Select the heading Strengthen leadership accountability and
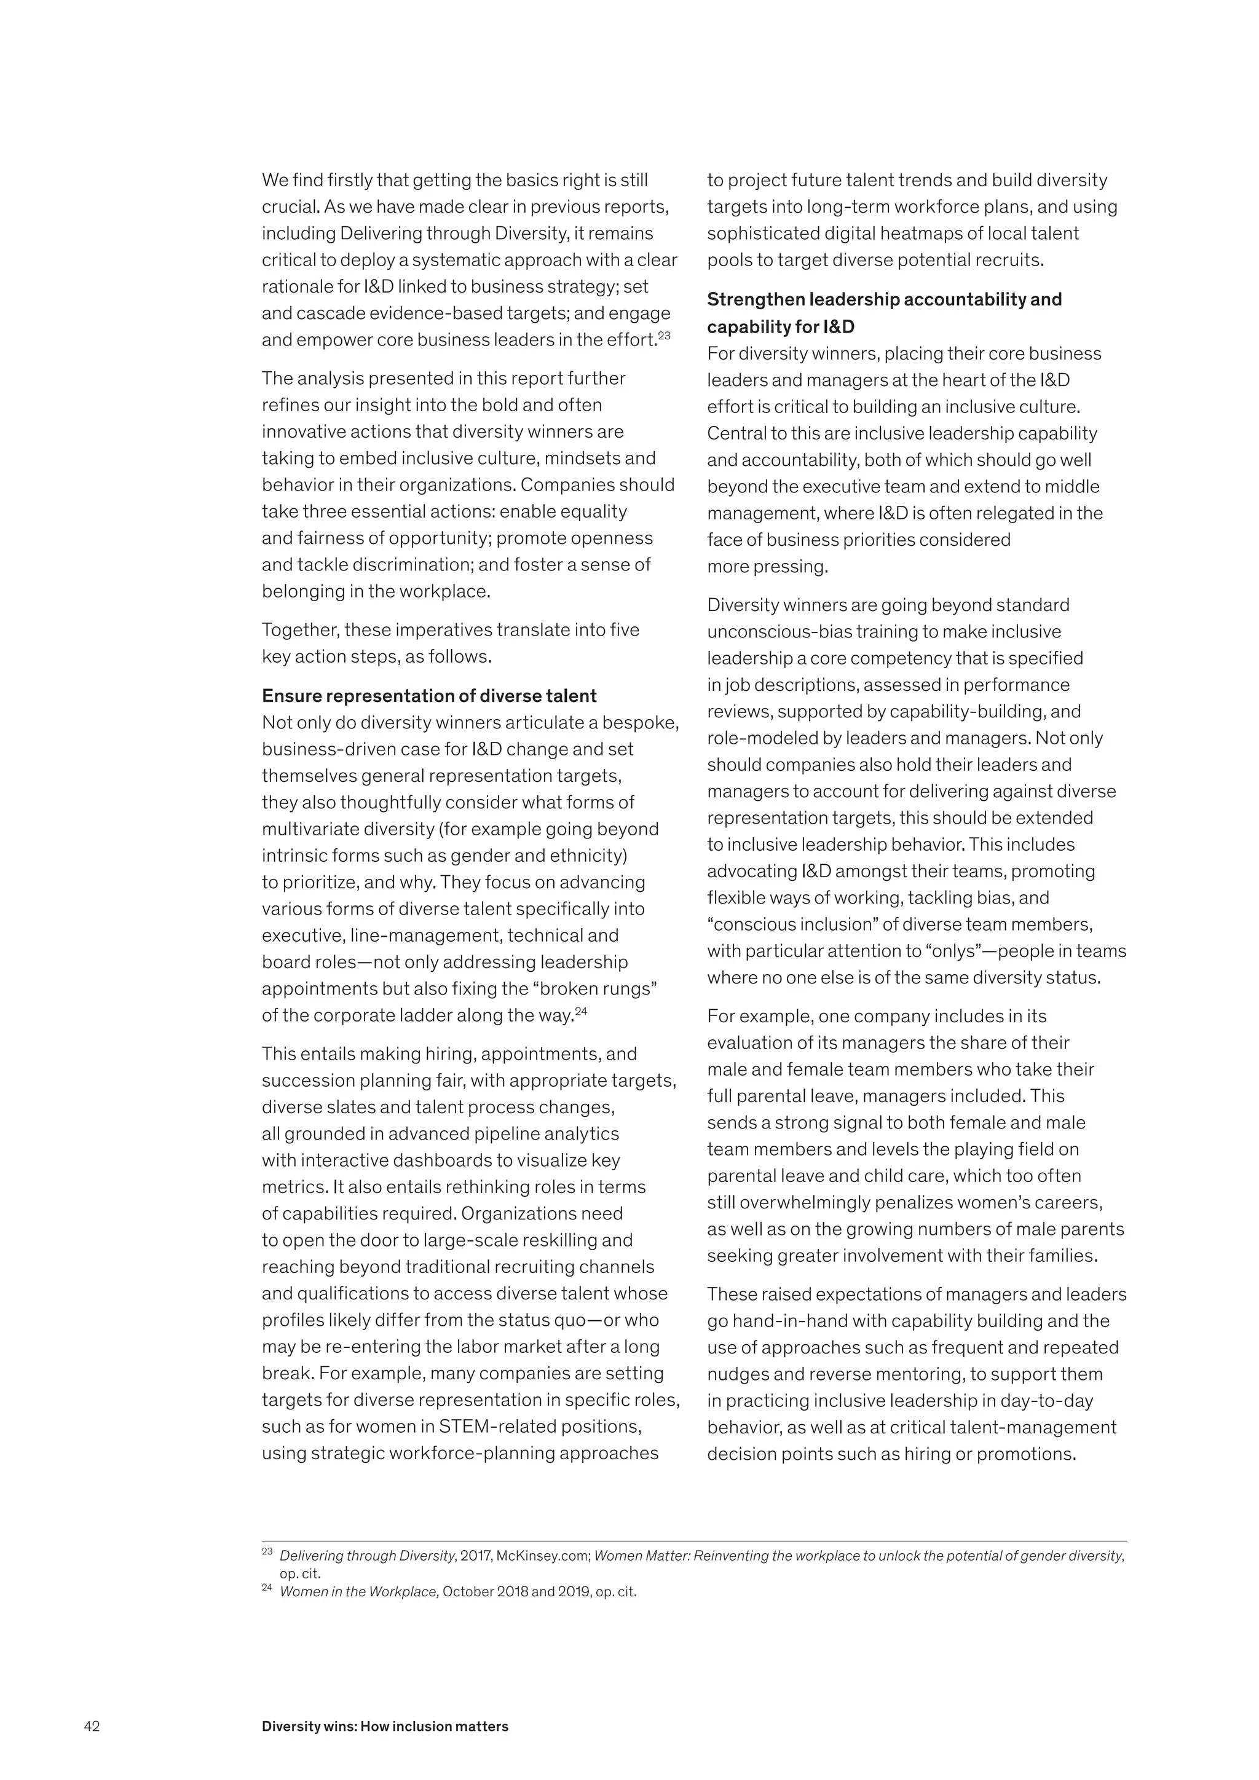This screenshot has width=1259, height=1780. tap(884, 299)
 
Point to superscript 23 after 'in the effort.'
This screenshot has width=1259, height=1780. tap(665, 335)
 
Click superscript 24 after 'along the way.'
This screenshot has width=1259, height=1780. tap(582, 1010)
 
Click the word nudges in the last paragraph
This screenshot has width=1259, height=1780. tap(733, 1374)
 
